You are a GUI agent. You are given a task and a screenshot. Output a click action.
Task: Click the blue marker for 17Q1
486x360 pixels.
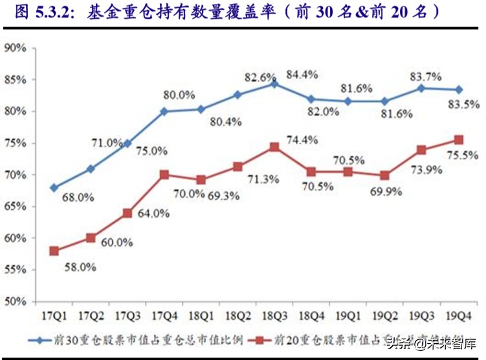point(54,188)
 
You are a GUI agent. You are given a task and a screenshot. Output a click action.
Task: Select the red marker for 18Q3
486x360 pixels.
point(274,147)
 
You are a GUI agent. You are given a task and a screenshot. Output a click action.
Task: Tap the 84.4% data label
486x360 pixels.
point(302,74)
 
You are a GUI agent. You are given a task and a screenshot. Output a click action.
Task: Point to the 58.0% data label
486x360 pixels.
point(80,266)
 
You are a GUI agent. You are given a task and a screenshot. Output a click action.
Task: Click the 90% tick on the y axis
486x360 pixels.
point(14,48)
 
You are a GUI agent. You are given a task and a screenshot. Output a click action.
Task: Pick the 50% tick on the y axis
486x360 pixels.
point(14,302)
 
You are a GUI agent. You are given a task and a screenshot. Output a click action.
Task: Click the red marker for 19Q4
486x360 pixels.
point(458,140)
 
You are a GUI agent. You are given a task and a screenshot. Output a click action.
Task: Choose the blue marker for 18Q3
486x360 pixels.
point(274,84)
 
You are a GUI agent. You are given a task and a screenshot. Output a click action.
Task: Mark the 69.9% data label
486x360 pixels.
point(386,191)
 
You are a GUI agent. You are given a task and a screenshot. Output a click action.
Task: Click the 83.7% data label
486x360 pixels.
point(425,76)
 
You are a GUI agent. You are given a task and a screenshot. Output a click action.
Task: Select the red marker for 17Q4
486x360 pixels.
point(164,175)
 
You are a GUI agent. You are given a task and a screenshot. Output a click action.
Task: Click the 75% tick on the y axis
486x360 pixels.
point(14,143)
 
